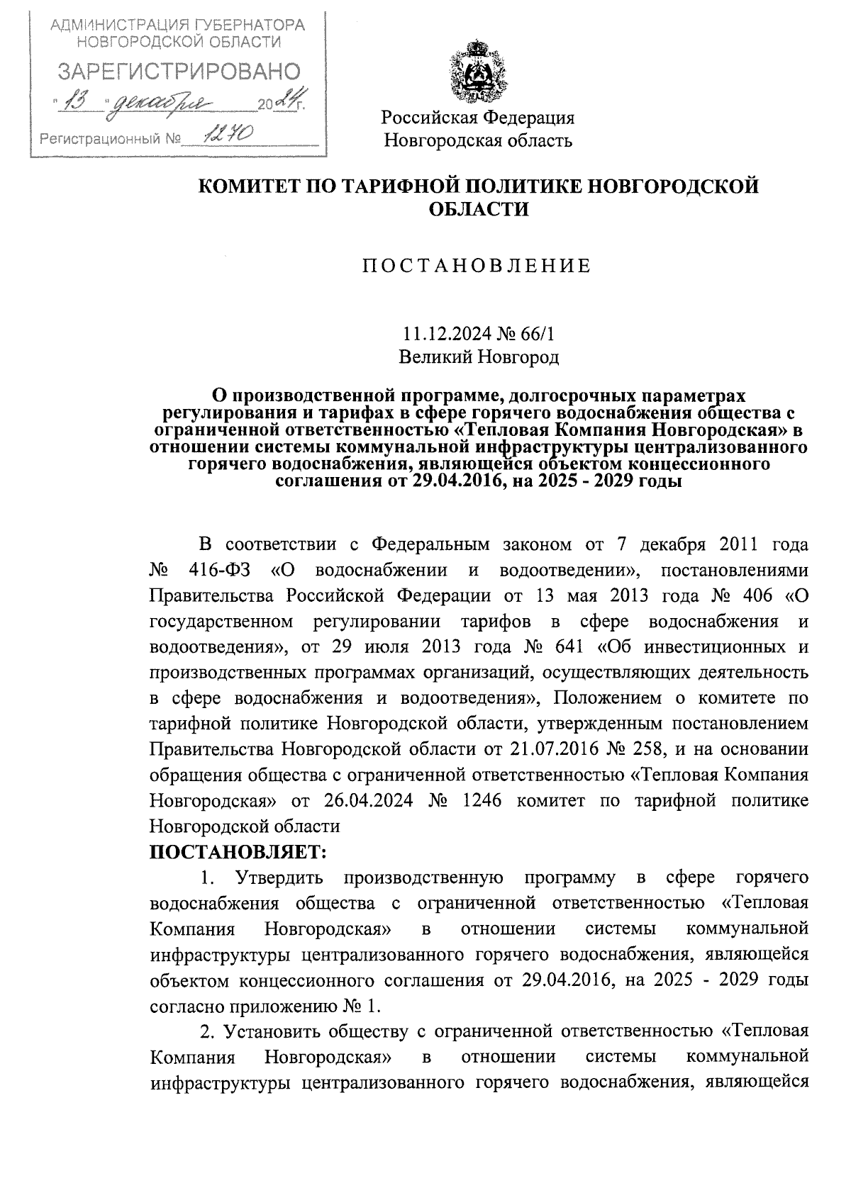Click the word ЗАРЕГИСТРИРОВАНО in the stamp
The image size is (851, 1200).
(x=178, y=71)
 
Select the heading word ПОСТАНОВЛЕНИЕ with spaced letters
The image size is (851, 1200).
(x=477, y=266)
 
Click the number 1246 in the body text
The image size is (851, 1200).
(x=482, y=800)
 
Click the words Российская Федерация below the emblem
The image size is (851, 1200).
(x=478, y=118)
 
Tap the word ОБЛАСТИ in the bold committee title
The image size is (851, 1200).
(x=479, y=210)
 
